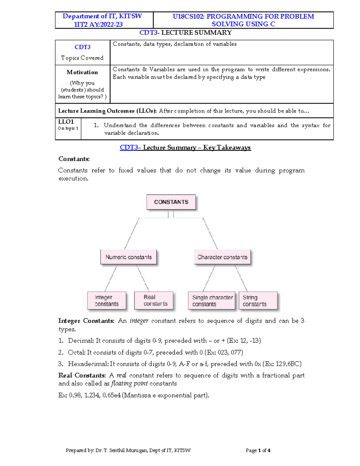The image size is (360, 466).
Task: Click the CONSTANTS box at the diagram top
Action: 171,202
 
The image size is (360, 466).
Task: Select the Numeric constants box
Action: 128,257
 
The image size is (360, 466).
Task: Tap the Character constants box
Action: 222,257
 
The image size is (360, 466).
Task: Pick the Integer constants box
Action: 106,301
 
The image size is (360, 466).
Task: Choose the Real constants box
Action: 154,301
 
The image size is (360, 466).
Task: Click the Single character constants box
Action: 211,301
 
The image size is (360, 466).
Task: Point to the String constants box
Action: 258,301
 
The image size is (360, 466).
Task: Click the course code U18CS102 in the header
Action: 187,17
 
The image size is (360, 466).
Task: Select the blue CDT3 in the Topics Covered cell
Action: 82,47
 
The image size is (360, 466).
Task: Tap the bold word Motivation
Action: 82,72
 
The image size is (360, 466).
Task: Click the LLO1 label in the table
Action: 66,122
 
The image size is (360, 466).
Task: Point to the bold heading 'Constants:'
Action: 74,159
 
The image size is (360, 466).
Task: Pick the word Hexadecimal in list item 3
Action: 88,364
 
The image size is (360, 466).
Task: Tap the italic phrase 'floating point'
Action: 129,383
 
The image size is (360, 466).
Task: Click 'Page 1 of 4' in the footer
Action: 258,450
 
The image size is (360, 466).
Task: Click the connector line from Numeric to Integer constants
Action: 111,278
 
